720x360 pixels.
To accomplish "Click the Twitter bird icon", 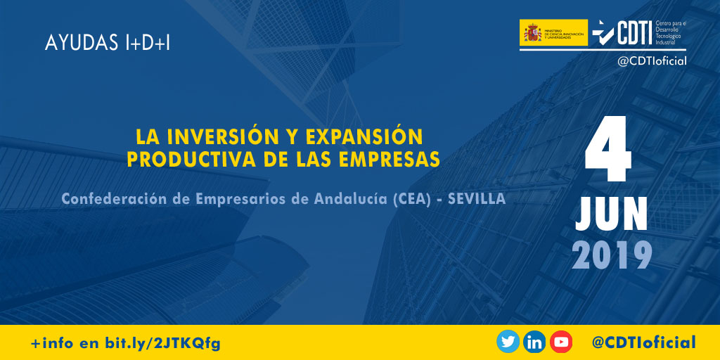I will (x=508, y=342).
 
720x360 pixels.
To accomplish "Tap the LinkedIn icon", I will (x=534, y=342).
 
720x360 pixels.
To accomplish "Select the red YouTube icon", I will (x=561, y=342).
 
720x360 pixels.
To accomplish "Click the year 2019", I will (x=611, y=256).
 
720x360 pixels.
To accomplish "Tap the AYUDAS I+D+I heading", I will (x=107, y=43).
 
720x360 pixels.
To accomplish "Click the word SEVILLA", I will (x=477, y=199).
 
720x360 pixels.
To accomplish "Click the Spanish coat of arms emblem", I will (x=532, y=32).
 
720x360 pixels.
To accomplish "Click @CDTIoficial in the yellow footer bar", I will (x=643, y=342).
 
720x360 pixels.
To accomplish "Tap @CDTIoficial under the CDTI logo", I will (x=651, y=61).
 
